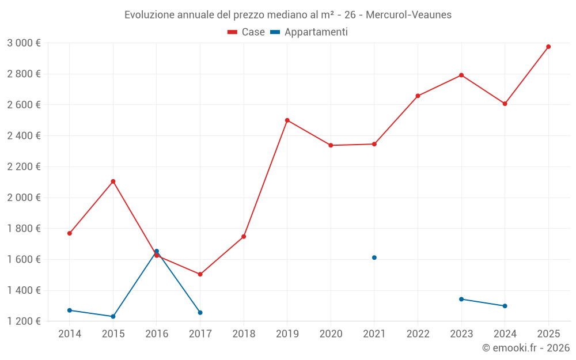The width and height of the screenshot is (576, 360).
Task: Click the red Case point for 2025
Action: pyautogui.click(x=548, y=47)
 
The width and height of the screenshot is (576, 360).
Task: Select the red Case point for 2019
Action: pyautogui.click(x=287, y=120)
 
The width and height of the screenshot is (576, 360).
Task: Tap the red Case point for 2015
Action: pyautogui.click(x=113, y=181)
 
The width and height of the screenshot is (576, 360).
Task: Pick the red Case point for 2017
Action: pyautogui.click(x=200, y=274)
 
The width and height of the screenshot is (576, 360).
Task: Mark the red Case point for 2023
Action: pyautogui.click(x=461, y=75)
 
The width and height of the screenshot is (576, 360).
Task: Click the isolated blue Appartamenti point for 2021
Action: pyautogui.click(x=374, y=257)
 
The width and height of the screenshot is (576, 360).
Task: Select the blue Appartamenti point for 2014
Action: pyautogui.click(x=70, y=310)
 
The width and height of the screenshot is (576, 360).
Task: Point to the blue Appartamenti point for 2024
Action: pyautogui.click(x=505, y=306)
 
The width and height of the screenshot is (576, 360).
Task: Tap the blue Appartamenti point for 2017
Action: pyautogui.click(x=200, y=313)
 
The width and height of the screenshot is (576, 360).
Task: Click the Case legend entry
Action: pyautogui.click(x=247, y=32)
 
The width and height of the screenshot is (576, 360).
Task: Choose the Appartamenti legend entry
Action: pyautogui.click(x=309, y=32)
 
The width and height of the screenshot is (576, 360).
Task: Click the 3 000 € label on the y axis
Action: pyautogui.click(x=24, y=43)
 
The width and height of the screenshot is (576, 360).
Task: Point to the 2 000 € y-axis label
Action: pyautogui.click(x=24, y=198)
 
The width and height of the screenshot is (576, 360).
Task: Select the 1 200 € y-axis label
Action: pyautogui.click(x=24, y=321)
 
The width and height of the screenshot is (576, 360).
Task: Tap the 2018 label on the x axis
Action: pyautogui.click(x=244, y=334)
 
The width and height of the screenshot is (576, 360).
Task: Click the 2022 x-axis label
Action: pyautogui.click(x=418, y=334)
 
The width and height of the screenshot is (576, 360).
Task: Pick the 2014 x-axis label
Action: pyautogui.click(x=70, y=334)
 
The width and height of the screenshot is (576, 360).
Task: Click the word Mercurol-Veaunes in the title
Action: pyautogui.click(x=408, y=15)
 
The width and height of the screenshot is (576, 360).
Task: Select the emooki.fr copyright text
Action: pyautogui.click(x=526, y=348)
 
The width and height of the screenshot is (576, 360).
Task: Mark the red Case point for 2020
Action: pyautogui.click(x=331, y=145)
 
